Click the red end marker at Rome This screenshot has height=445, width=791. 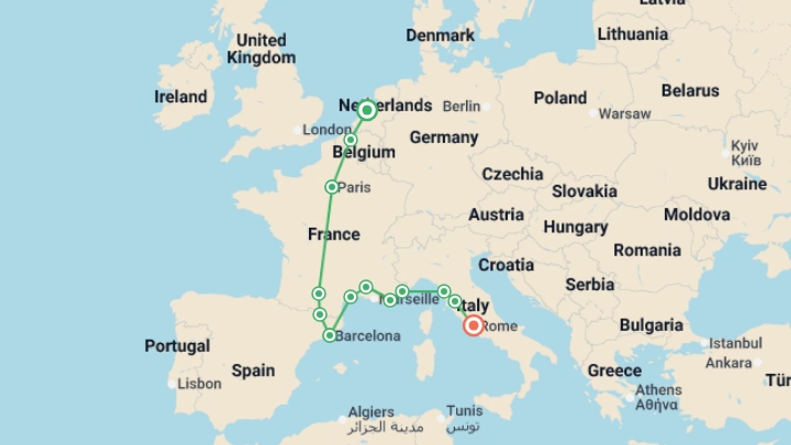coord(473,326)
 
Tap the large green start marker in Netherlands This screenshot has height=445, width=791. coord(367,110)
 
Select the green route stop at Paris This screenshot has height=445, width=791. coord(332,187)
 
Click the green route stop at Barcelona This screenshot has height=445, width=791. coord(330,335)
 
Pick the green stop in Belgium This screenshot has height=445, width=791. coord(350,140)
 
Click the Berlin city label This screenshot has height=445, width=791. coord(461,106)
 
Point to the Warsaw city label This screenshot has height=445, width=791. coord(624,114)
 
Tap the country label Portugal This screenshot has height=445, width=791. coord(177,346)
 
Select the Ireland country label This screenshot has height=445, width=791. coord(180,97)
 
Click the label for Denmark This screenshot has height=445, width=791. coord(440,35)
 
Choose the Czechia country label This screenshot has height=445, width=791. coord(513,174)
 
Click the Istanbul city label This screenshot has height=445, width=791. coord(735,343)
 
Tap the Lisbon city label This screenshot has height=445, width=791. coord(199,384)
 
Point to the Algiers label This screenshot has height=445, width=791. coord(371,412)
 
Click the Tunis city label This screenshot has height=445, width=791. coord(464,411)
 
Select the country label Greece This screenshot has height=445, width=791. coord(614,370)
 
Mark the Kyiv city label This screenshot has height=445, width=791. coord(744,145)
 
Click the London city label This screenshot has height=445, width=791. coord(327,130)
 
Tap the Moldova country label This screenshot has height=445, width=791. coord(697,214)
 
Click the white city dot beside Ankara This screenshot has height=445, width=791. coord(758,363)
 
